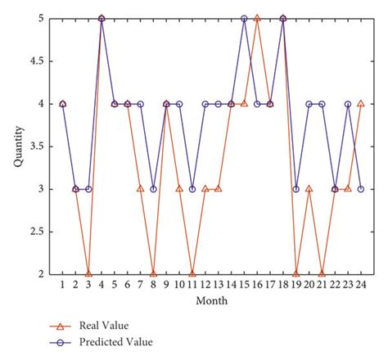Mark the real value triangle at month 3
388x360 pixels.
[x=88, y=273]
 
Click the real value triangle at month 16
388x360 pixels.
[x=257, y=18]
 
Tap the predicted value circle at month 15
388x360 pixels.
[x=244, y=18]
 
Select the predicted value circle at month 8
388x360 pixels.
[x=153, y=189]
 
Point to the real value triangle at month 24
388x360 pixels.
[x=360, y=104]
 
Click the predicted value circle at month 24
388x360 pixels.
[x=360, y=189]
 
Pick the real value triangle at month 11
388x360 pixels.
[x=192, y=273]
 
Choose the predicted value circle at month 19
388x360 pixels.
[x=296, y=189]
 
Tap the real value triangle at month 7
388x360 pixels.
[x=140, y=189]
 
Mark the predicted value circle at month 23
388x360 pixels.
[x=347, y=104]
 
